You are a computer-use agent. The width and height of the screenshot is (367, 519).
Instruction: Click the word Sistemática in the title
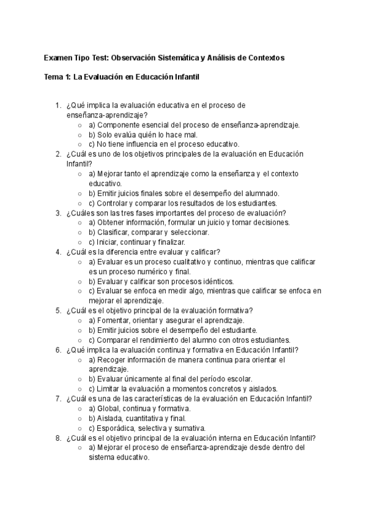click(179, 58)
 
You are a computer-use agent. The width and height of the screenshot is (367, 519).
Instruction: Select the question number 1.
click(58, 105)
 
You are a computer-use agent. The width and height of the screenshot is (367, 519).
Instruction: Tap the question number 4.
click(58, 252)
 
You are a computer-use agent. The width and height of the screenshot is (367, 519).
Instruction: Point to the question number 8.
click(58, 438)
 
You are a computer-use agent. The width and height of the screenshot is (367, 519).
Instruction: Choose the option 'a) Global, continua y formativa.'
click(139, 408)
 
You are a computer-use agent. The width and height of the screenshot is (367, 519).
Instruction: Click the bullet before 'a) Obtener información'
click(81, 223)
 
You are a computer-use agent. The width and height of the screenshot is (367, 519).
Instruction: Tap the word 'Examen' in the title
click(56, 58)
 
